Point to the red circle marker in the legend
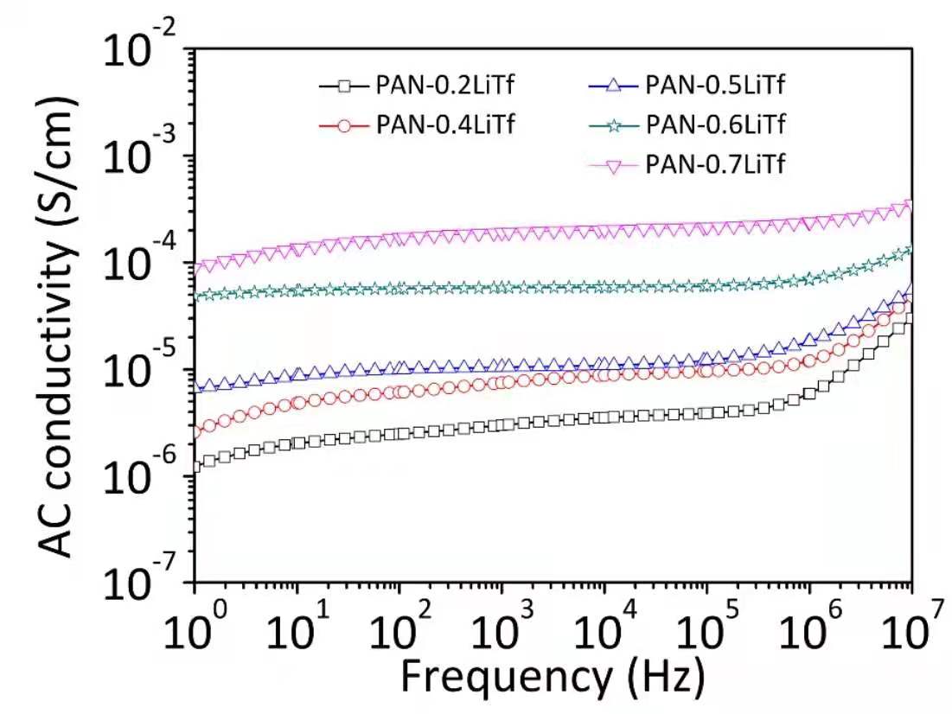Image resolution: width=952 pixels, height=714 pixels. tap(344, 124)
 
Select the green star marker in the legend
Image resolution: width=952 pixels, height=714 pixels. tap(615, 124)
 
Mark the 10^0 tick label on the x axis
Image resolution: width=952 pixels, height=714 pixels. tap(192, 629)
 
